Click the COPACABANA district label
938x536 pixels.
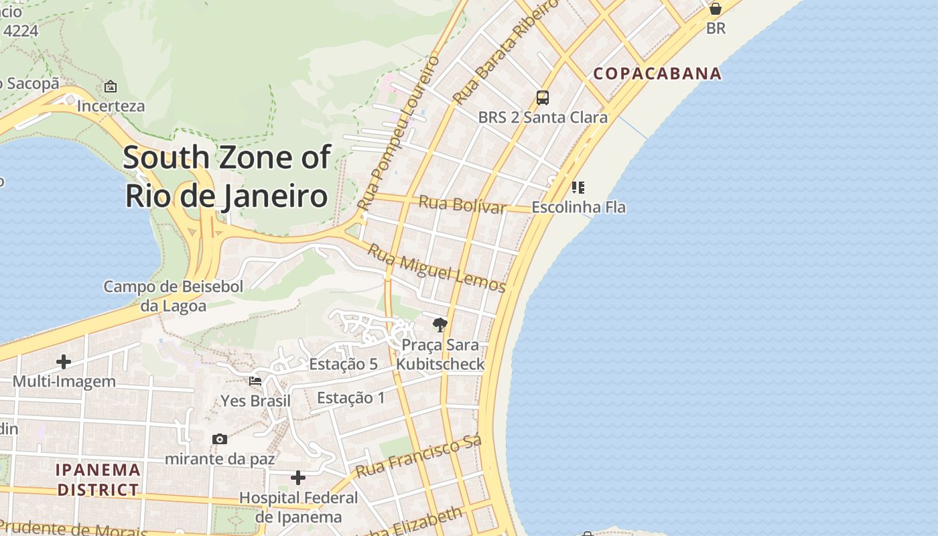coord(658,74)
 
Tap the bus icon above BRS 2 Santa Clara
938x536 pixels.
coord(543,98)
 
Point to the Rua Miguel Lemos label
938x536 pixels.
coord(437,268)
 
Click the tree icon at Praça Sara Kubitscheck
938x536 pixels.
coord(440,325)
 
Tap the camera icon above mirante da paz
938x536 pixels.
coord(220,440)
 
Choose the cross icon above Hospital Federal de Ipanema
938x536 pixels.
coord(298,478)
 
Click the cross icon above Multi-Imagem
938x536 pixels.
coord(64,362)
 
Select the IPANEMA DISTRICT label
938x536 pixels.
coord(98,480)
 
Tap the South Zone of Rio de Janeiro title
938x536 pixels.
coord(226,177)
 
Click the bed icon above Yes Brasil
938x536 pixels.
coord(255,381)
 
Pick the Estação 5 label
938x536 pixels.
coord(343,364)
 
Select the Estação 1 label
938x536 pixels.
coord(351,398)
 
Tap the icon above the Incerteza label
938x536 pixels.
coord(111,86)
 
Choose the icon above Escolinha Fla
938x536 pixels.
coord(578,187)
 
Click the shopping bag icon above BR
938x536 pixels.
coord(716,9)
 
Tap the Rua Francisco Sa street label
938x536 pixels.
coord(419,456)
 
